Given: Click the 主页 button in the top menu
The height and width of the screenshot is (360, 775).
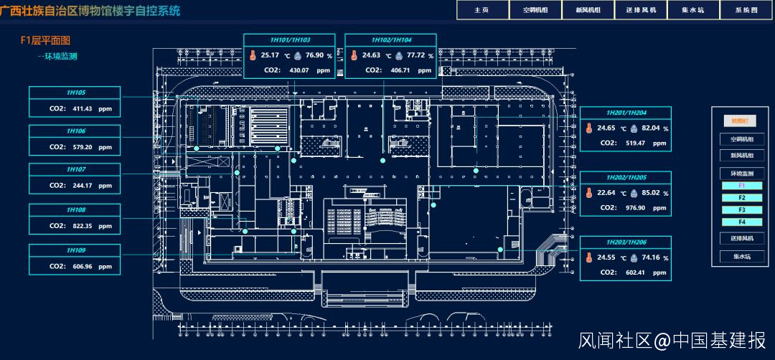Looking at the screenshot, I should pos(482,10).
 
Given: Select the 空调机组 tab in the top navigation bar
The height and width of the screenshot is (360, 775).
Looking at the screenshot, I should pos(535,10).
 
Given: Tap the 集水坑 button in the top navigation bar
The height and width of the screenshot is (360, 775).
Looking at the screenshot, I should pos(692,10).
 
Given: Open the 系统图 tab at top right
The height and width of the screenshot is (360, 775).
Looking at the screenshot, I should pos(746,10).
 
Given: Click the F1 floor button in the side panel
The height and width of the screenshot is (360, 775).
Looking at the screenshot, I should pos(741,186).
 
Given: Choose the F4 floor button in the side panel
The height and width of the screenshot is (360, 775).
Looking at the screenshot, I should pos(741,222).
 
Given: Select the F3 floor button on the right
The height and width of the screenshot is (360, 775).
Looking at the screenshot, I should pos(741,209).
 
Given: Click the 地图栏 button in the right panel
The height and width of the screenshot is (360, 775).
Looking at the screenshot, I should pos(741,121).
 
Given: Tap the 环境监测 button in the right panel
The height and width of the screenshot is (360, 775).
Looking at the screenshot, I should pos(741,174).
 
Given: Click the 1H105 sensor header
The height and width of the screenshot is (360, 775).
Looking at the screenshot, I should pos(75,93).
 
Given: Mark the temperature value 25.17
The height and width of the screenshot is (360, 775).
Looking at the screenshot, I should pos(271,55).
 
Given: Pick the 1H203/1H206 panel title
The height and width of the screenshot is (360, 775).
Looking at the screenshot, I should pos(626,242).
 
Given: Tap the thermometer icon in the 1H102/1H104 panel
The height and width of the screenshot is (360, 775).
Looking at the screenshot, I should pos(354,55).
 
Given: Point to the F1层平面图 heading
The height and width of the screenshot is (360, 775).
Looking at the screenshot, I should pos(46,41).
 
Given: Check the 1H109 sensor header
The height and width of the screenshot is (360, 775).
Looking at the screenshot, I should pos(75,250).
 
